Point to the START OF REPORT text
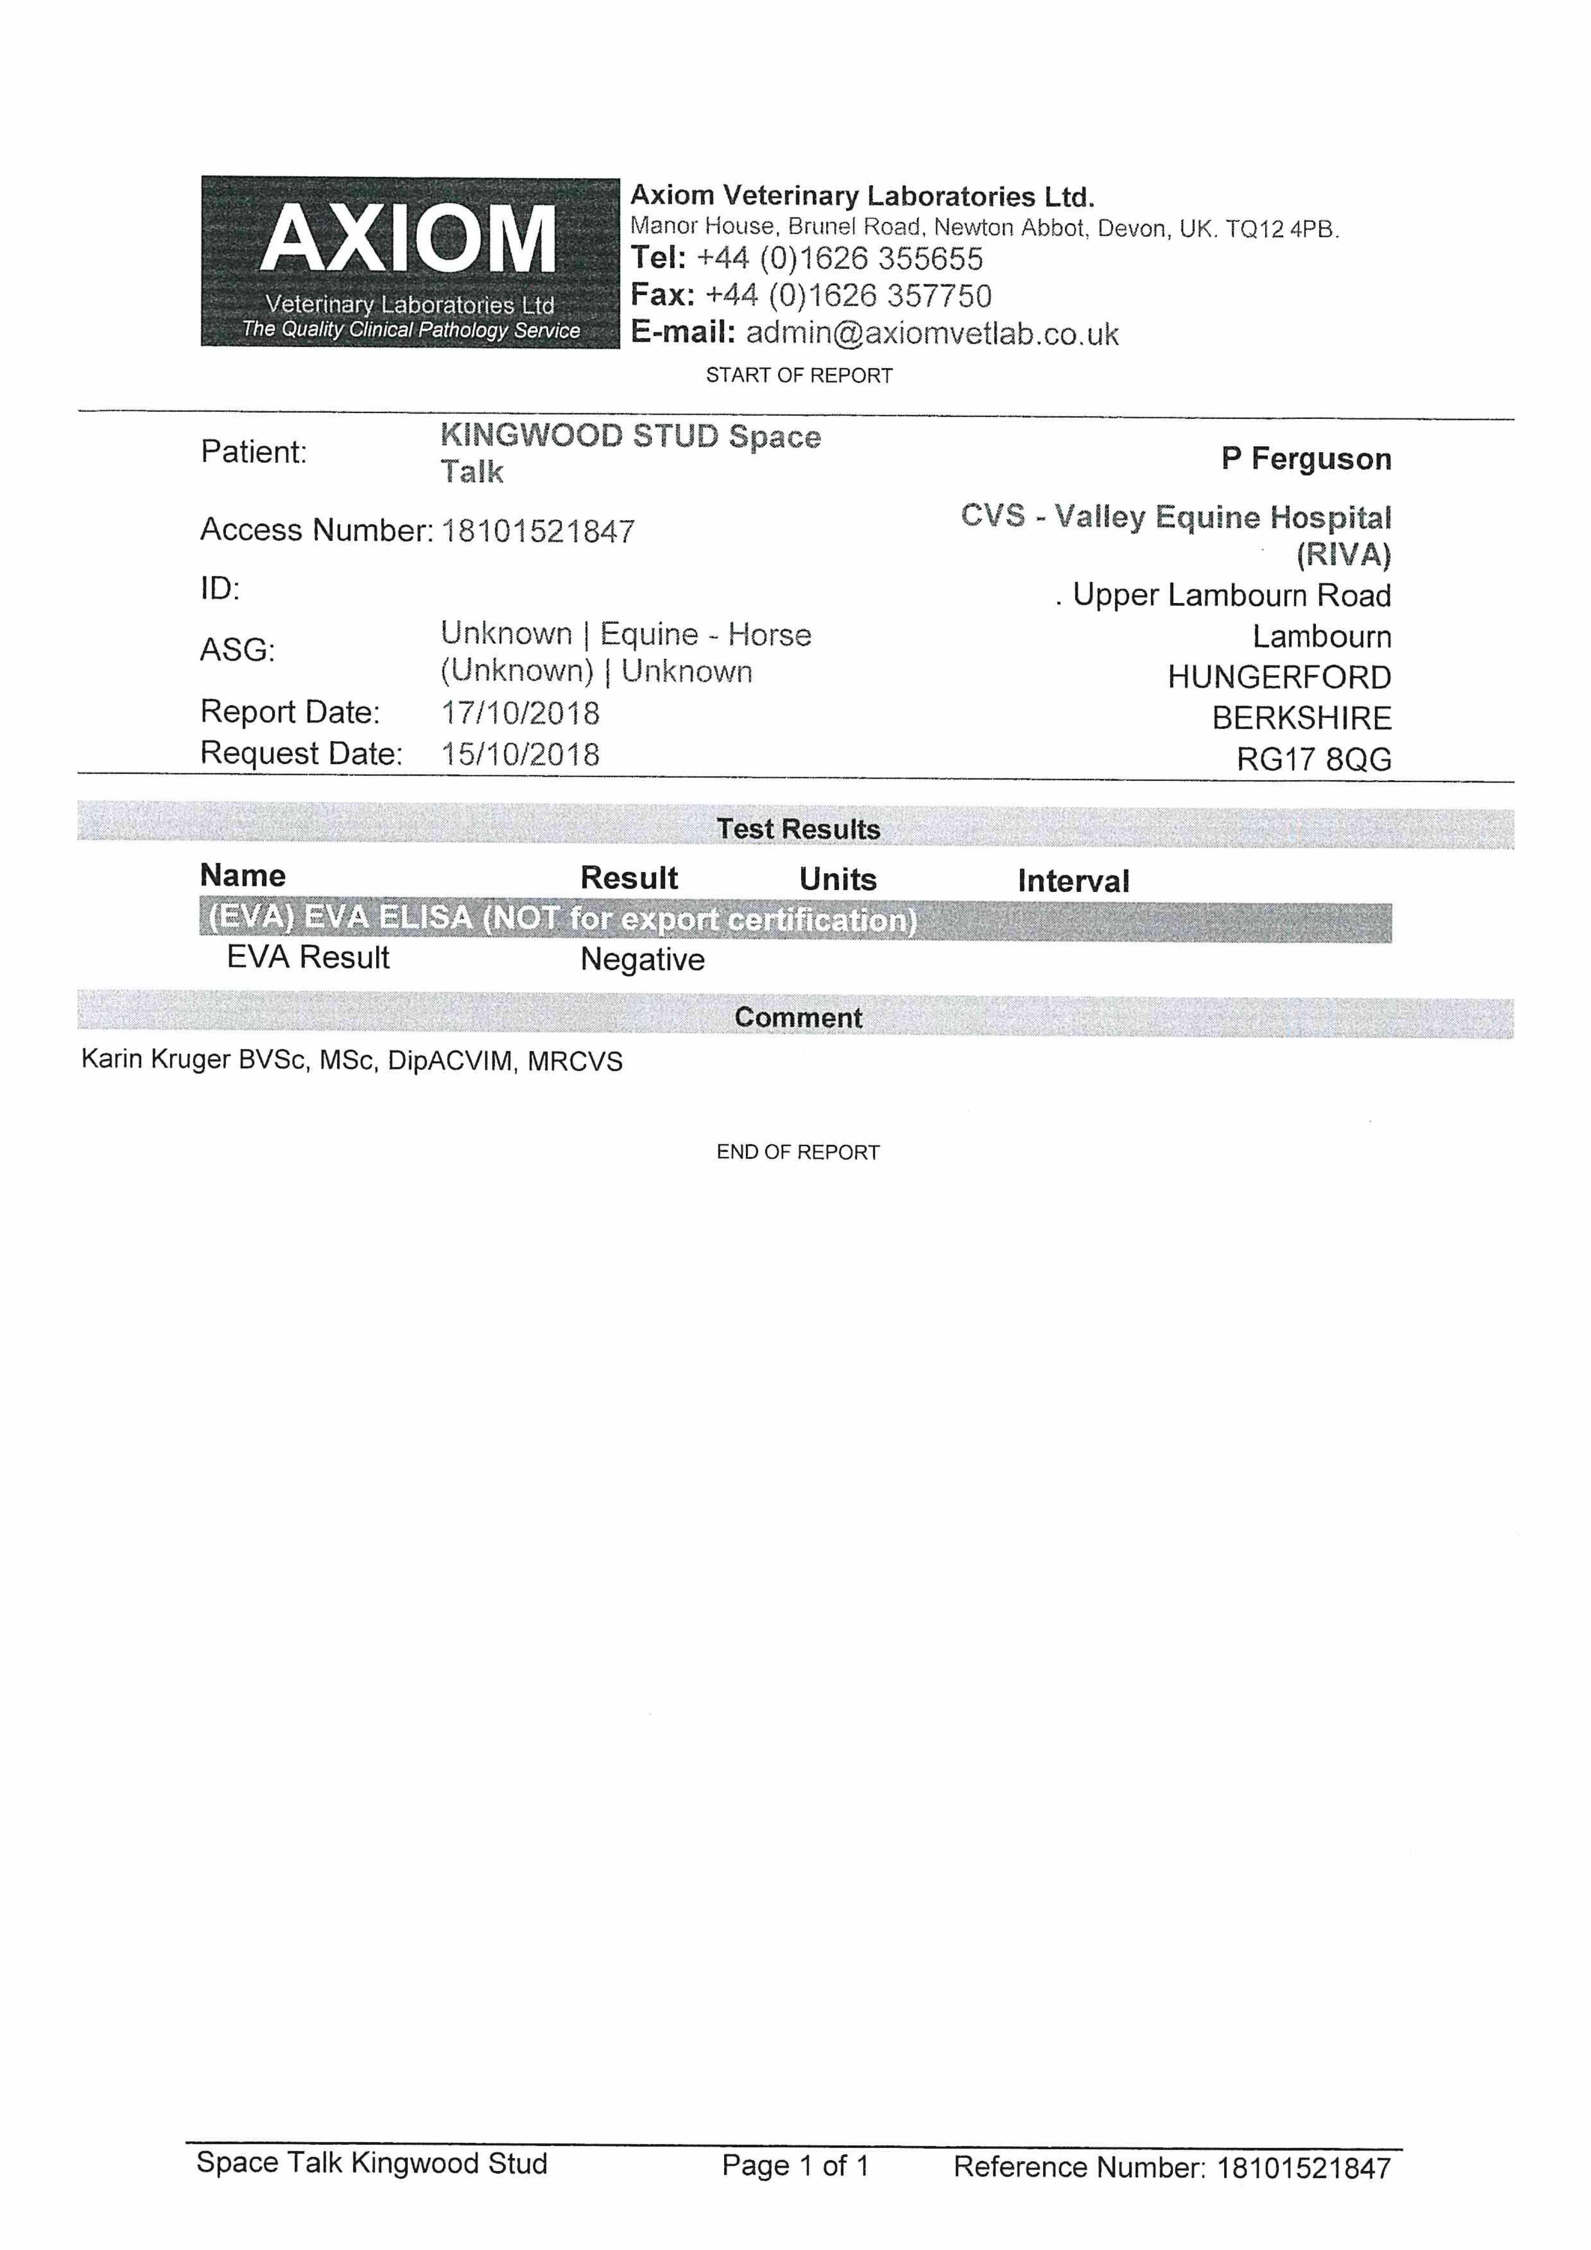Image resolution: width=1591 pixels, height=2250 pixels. coord(799,375)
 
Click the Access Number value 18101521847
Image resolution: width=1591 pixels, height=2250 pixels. coord(538,531)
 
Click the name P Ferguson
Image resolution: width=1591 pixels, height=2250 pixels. coord(1306,459)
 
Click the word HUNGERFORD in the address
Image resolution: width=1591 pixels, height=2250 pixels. coord(1279,677)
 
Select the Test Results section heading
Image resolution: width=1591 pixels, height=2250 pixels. coord(798,829)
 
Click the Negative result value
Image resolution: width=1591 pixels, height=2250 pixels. coord(642,959)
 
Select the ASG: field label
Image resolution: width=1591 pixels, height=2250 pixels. coord(237,650)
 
